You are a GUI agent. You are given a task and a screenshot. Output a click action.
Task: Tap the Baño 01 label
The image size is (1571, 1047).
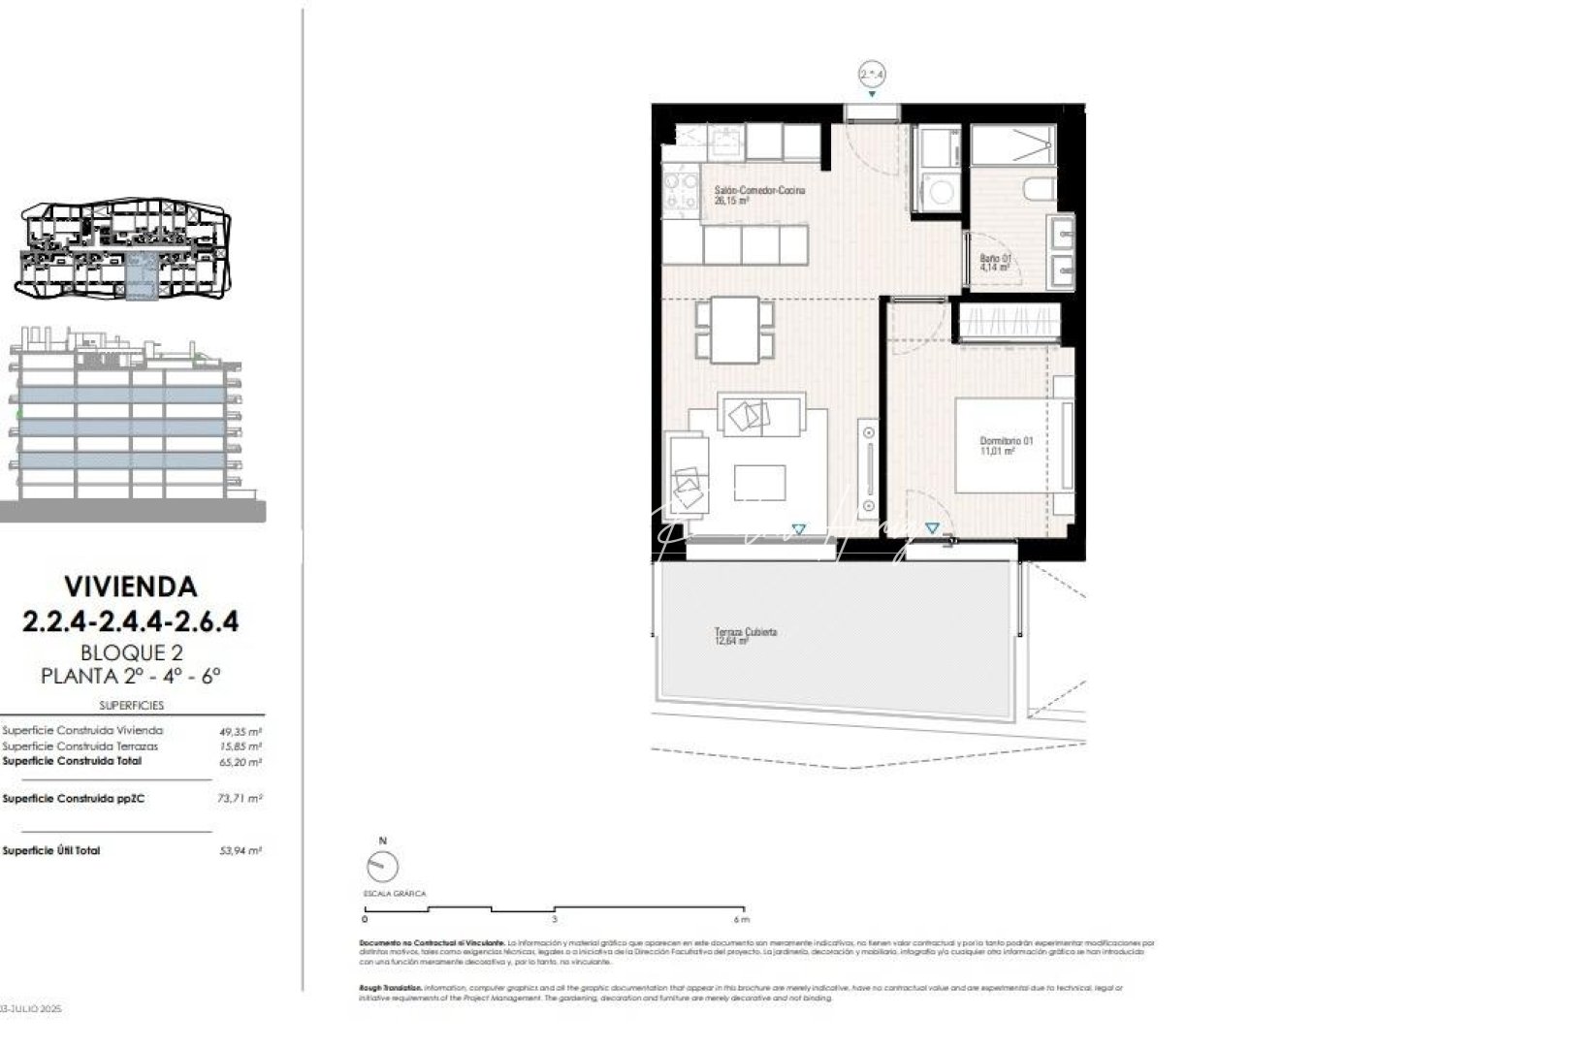[x=995, y=259]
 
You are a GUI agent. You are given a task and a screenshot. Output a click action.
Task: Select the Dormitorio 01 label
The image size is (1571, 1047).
[x=1006, y=442]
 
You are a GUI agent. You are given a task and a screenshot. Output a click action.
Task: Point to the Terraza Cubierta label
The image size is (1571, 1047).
[x=745, y=632]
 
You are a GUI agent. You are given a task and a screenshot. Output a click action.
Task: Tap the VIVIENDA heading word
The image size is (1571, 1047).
[x=130, y=587]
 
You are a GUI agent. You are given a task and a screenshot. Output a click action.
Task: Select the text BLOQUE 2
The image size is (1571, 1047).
[x=130, y=653]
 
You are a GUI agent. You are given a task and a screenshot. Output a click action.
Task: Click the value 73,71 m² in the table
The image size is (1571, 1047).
[x=240, y=799]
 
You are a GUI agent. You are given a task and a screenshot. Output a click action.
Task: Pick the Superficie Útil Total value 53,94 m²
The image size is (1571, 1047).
[x=240, y=851]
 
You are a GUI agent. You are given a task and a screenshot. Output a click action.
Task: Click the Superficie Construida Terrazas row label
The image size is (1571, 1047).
[x=80, y=746]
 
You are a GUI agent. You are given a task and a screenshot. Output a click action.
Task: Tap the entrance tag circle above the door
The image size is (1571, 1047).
[x=872, y=74]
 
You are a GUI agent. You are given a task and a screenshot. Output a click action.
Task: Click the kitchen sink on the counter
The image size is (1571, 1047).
[x=726, y=145]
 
